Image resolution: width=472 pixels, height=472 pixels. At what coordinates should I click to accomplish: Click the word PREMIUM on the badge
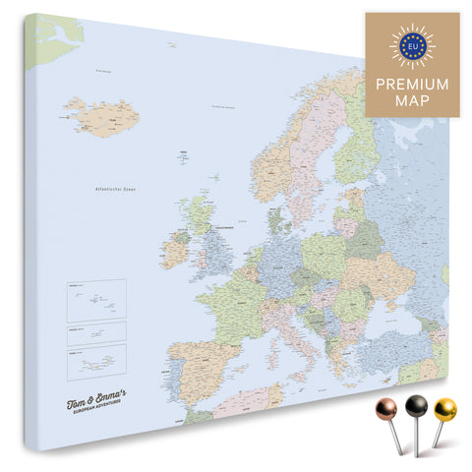coord(412,84)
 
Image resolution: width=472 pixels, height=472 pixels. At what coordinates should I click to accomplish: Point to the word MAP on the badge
coord(412,101)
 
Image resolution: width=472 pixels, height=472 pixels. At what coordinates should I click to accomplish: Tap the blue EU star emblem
coord(412,43)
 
